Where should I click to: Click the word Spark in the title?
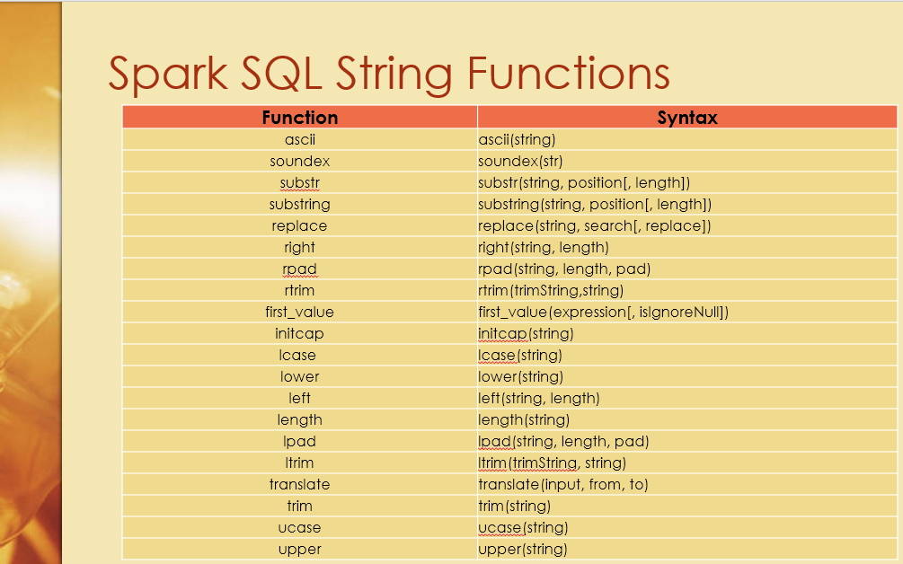(167, 74)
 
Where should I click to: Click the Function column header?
(300, 118)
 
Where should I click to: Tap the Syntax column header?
(687, 118)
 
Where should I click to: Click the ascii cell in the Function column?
(300, 139)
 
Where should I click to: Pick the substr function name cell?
(300, 182)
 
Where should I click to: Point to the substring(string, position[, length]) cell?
(595, 204)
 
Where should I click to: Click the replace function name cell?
(300, 225)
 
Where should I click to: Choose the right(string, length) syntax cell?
(544, 247)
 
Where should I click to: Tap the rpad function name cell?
(300, 269)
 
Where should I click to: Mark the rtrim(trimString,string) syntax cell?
(551, 290)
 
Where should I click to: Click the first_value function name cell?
(300, 312)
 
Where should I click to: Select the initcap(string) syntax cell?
(526, 333)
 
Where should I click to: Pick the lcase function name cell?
(300, 355)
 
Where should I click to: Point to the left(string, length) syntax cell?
(539, 398)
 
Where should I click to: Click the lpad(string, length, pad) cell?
(563, 441)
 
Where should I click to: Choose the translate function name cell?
(300, 484)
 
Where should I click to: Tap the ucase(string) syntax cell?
(523, 527)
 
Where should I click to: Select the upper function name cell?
(300, 549)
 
